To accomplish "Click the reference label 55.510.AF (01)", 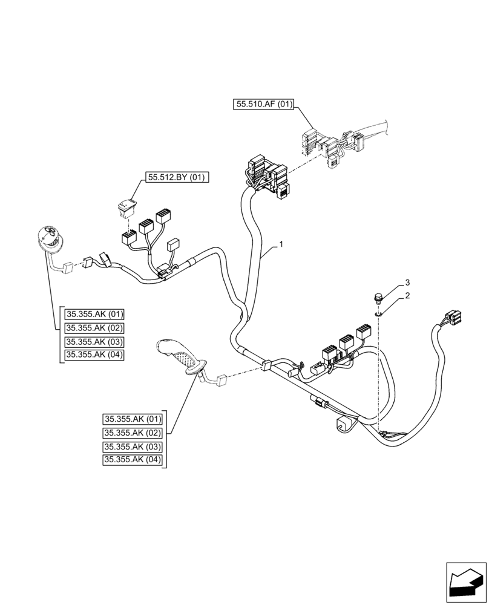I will click(x=263, y=105).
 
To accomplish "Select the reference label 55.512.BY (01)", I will click(x=176, y=178).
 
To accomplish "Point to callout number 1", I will click(x=281, y=244).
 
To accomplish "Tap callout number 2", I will click(x=407, y=296).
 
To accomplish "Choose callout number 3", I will click(x=407, y=283).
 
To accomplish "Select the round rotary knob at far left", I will click(x=50, y=237).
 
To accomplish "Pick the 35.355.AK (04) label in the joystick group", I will click(x=133, y=460).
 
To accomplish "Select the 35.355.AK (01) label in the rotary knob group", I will click(x=94, y=314).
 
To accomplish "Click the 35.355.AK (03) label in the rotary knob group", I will click(x=94, y=342).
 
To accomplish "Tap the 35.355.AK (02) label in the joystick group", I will click(x=133, y=433).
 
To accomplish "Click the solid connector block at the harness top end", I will click(x=269, y=175).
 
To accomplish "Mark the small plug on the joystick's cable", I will click(x=221, y=381).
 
